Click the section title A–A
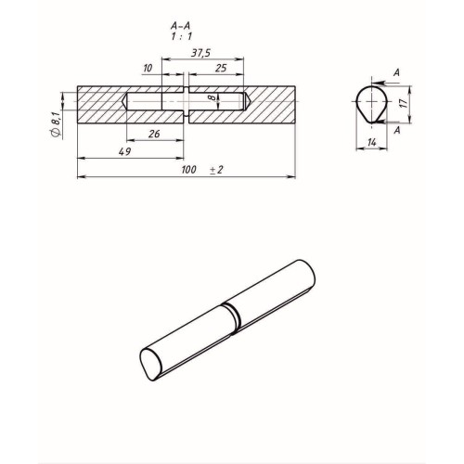click(180, 25)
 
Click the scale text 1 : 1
click(182, 36)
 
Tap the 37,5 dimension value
click(200, 53)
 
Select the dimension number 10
click(148, 68)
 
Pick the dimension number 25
click(221, 68)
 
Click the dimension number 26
click(154, 134)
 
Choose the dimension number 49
click(124, 151)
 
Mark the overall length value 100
click(188, 170)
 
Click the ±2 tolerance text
click(216, 170)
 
